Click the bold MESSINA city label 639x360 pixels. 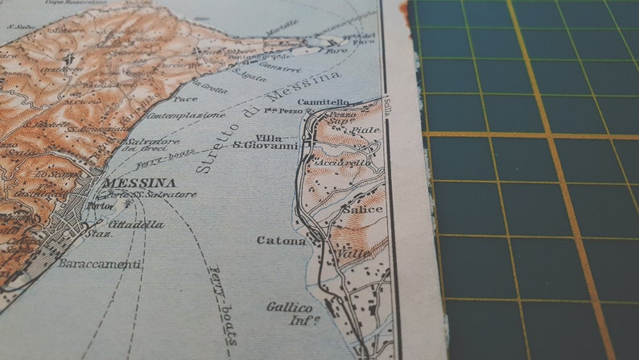pos(139,183)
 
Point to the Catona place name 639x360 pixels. pos(281,240)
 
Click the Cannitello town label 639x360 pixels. pos(324,103)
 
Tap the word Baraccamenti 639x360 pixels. pos(100,263)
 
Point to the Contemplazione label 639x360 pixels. pos(191,116)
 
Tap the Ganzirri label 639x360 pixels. pos(274,60)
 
